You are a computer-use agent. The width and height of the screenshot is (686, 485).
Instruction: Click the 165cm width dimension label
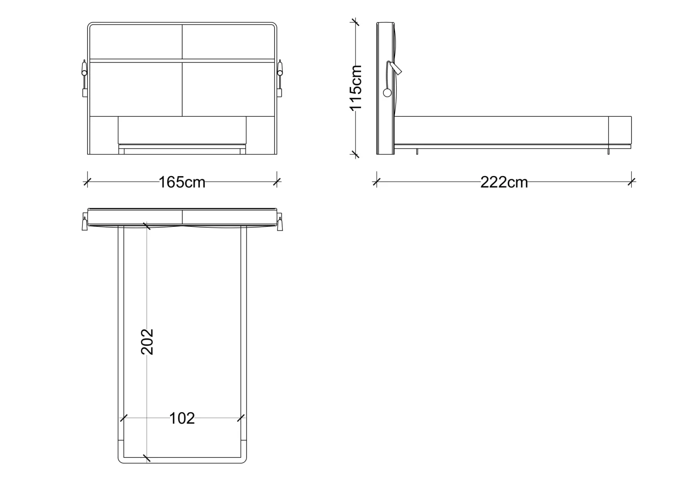182,182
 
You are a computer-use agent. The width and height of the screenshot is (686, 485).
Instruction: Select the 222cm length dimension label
504,182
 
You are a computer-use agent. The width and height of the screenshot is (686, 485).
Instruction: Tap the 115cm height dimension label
356,87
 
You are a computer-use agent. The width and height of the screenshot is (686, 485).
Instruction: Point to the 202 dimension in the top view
147,342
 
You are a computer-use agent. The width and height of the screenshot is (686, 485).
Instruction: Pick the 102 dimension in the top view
182,419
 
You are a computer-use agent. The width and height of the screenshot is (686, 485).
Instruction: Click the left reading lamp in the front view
84,78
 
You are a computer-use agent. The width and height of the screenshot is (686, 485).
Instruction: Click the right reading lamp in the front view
280,78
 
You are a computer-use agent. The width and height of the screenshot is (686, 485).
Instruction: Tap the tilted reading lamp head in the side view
395,68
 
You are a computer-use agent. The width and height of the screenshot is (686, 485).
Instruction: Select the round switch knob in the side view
387,93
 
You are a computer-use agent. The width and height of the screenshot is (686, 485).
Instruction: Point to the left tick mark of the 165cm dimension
87,182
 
